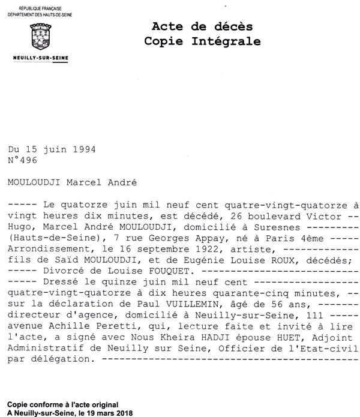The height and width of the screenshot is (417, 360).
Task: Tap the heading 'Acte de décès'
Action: tap(202, 26)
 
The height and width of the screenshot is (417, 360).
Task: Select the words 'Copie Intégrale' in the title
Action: tap(202, 41)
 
